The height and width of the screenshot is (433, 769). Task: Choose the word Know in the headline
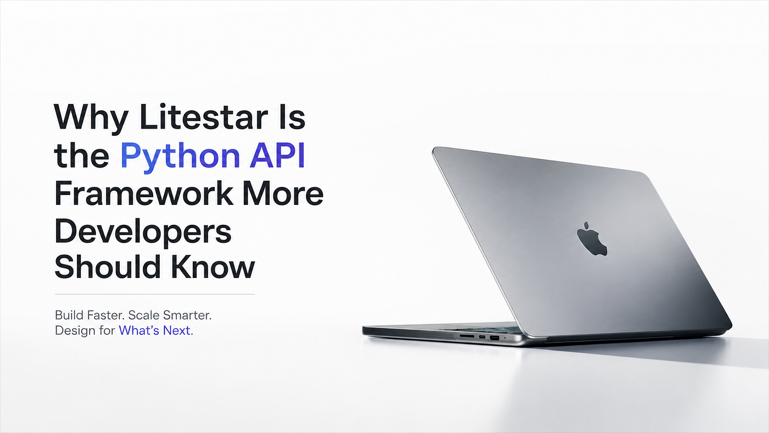click(213, 267)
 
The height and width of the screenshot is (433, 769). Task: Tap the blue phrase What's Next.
click(156, 330)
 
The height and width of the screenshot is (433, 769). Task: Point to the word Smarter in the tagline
click(187, 315)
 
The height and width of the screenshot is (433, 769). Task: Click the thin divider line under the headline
click(155, 295)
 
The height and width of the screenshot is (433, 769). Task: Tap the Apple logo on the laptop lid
click(592, 239)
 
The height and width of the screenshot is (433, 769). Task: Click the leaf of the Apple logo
click(586, 225)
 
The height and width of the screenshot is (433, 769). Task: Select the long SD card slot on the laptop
click(467, 336)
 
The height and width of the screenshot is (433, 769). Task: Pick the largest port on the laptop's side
click(495, 338)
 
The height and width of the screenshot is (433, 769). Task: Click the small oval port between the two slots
click(482, 337)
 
